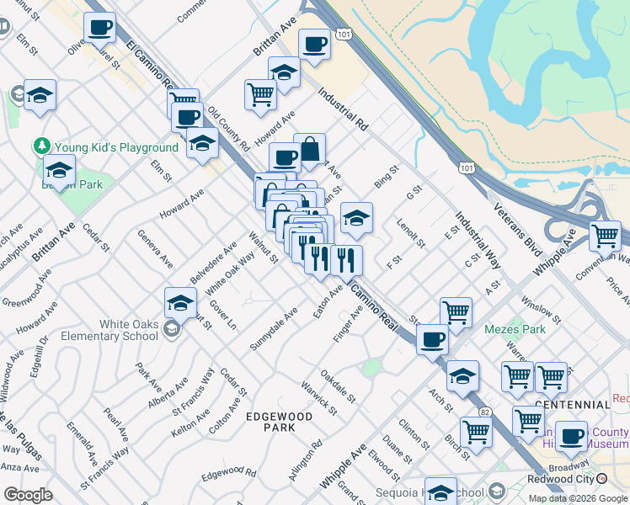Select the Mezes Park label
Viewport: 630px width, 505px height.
(510, 330)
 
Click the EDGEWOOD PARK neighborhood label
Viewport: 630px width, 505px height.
(280, 422)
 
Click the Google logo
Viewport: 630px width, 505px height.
(28, 494)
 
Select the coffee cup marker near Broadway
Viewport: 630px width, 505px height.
(571, 435)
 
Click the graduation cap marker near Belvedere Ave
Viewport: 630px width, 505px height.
(180, 302)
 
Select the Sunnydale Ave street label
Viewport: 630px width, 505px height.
(274, 330)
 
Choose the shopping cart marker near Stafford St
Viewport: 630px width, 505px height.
(456, 312)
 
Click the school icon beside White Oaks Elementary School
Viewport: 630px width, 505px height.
(173, 329)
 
